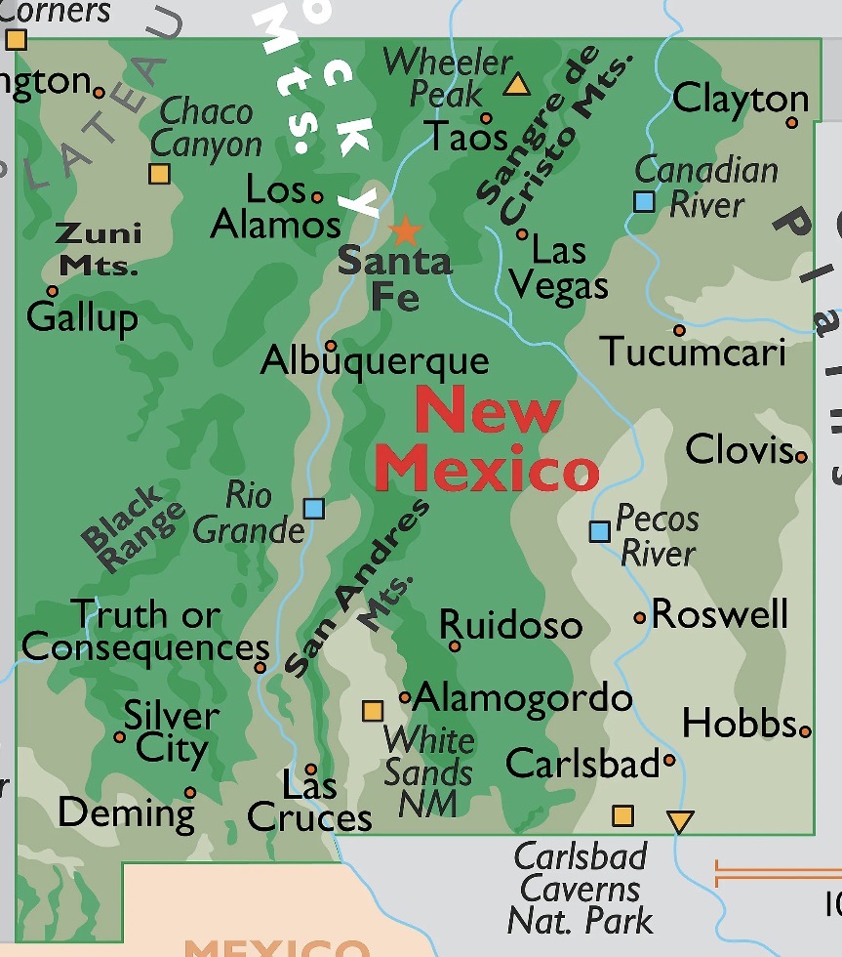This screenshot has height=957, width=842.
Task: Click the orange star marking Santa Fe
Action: [405, 231]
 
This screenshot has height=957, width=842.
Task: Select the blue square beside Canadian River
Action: [644, 201]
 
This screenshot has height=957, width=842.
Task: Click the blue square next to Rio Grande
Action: [313, 508]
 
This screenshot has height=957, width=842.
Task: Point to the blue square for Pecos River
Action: [600, 531]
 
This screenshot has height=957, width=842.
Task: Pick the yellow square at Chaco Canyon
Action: [159, 174]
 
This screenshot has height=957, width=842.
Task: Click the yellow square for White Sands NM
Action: [373, 710]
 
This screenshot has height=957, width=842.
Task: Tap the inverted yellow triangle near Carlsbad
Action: [680, 821]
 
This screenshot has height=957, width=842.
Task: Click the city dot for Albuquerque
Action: [331, 345]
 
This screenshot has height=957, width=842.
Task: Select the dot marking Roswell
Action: [640, 617]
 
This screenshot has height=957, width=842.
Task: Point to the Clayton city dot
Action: [792, 122]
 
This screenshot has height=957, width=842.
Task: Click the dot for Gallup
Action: [53, 291]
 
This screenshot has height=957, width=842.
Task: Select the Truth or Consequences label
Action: [146, 632]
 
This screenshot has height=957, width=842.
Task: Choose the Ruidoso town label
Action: [510, 625]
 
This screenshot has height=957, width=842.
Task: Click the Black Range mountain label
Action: [132, 529]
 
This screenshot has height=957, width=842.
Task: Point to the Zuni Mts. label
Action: [98, 248]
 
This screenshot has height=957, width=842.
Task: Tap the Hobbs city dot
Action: [805, 730]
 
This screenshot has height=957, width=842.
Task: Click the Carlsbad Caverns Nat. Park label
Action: [581, 888]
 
